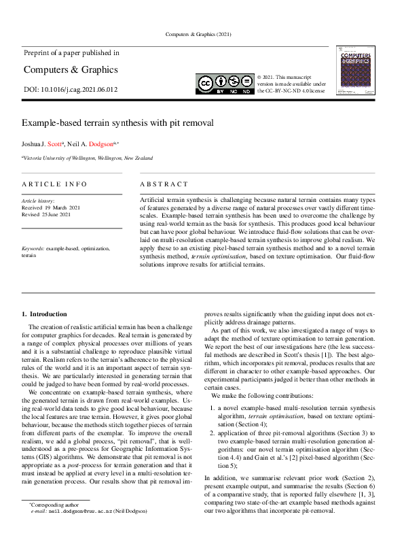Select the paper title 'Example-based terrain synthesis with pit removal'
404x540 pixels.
(117, 123)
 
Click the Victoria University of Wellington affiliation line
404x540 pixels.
(88, 158)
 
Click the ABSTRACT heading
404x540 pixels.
(164, 184)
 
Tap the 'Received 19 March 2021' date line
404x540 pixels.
(51, 207)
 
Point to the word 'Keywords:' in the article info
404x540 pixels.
(33, 249)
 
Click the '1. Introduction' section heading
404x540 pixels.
(44, 314)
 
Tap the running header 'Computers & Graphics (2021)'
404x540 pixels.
(202, 34)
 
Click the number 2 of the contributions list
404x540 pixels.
(213, 433)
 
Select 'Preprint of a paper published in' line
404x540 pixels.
(71, 52)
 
